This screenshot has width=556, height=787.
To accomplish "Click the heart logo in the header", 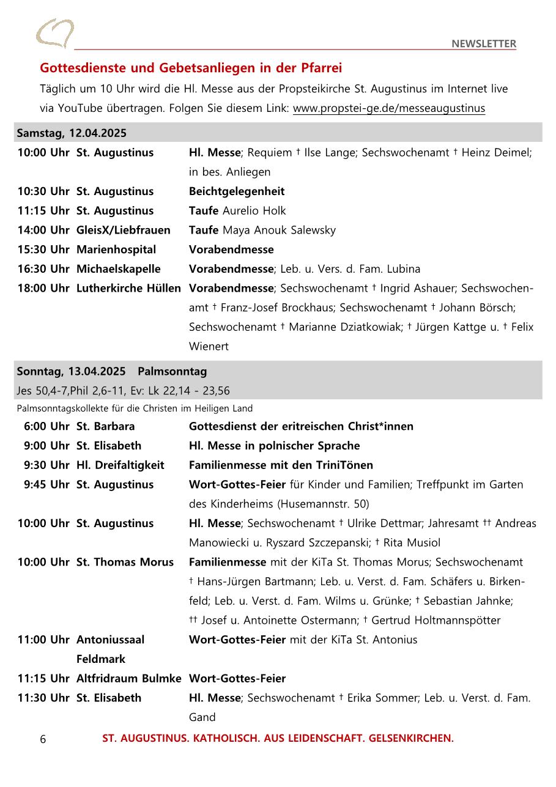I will pyautogui.click(x=54, y=33).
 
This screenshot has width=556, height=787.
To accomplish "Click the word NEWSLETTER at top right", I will pyautogui.click(x=484, y=43).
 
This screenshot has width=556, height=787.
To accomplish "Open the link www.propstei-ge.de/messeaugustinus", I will pyautogui.click(x=388, y=108).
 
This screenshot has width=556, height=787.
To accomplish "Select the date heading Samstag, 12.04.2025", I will pyautogui.click(x=72, y=133).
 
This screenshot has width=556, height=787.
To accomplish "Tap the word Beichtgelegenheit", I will pyautogui.click(x=237, y=191).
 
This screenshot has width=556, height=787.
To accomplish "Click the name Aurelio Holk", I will pyautogui.click(x=254, y=211).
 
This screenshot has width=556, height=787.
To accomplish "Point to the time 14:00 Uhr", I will pyautogui.click(x=43, y=231).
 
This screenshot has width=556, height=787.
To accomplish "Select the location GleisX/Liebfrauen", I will pyautogui.click(x=123, y=231).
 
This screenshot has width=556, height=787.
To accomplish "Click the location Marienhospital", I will pyautogui.click(x=116, y=249).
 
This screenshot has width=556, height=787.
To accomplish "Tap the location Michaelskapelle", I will pyautogui.click(x=118, y=269).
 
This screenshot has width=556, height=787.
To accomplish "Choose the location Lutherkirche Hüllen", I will pyautogui.click(x=128, y=288).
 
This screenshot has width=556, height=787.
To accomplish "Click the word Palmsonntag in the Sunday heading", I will pyautogui.click(x=172, y=371).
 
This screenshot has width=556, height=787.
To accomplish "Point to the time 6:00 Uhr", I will pyautogui.click(x=46, y=426).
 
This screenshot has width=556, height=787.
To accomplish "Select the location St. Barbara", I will pyautogui.click(x=105, y=426).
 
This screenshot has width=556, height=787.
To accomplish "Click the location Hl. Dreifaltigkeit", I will pyautogui.click(x=120, y=465).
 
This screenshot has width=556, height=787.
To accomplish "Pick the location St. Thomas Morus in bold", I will pyautogui.click(x=125, y=562).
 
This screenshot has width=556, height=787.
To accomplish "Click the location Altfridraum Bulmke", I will pyautogui.click(x=128, y=679).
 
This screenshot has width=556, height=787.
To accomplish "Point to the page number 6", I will pyautogui.click(x=43, y=739).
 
